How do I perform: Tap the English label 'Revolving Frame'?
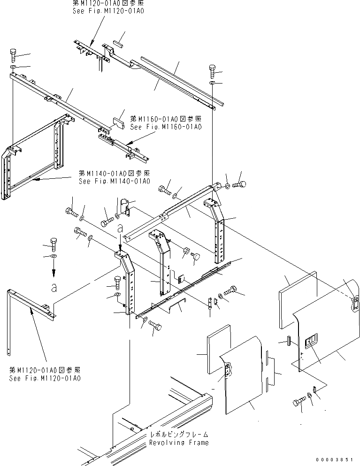[x=179, y=443]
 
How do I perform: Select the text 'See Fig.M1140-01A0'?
[x=115, y=181]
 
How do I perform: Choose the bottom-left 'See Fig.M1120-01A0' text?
[x=45, y=378]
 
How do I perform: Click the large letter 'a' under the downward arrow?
[x=54, y=287]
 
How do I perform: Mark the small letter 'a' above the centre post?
[x=121, y=229]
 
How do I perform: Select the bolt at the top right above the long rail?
[x=212, y=72]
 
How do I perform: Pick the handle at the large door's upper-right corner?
[x=355, y=303]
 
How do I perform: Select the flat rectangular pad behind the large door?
[x=297, y=286]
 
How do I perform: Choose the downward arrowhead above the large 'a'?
[x=54, y=274]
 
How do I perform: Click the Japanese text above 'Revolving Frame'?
[x=179, y=435]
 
